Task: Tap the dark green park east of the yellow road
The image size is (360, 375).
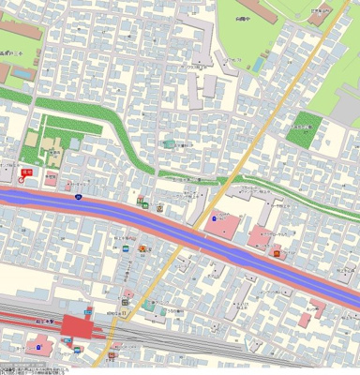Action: point(303,132)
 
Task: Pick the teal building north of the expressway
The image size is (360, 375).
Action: point(169,143)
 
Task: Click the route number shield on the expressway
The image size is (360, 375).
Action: point(78,197)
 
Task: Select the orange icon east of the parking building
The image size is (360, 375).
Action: point(276,250)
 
